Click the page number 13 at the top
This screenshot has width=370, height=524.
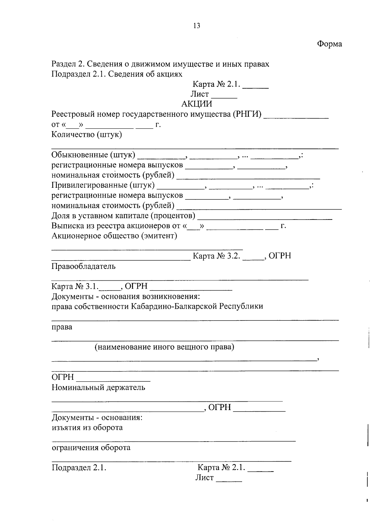tap(197, 26)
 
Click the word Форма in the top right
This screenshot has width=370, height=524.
tap(329, 44)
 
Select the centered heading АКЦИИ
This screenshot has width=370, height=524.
tap(197, 104)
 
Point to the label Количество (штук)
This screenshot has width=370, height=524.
tap(87, 135)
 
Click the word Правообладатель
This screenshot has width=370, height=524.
tap(84, 266)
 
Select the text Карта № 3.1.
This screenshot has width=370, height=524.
tap(75, 287)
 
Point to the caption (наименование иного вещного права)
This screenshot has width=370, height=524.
tap(164, 347)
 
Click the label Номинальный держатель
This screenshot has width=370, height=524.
tap(98, 387)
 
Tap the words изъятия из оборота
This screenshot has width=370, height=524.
tap(87, 428)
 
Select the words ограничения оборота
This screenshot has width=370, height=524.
tap(91, 448)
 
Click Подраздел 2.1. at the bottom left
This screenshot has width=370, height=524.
tap(79, 468)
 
